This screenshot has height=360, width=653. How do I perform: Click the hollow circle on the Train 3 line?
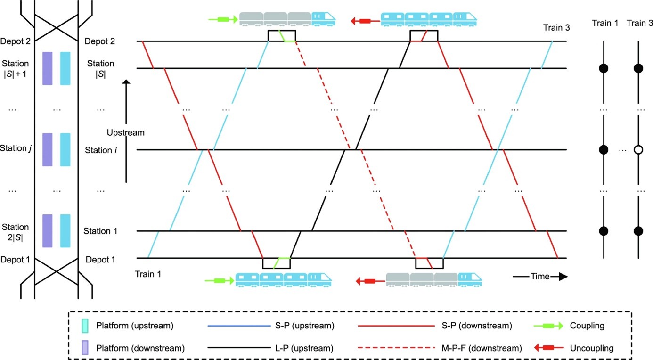click(x=638, y=150)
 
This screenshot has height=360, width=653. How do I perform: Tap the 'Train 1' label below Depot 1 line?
click(x=147, y=274)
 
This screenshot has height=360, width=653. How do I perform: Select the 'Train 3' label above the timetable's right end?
click(x=556, y=28)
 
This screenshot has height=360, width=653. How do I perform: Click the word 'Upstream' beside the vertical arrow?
click(x=125, y=133)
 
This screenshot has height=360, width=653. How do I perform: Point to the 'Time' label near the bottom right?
click(x=540, y=277)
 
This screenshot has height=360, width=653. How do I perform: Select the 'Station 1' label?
click(x=100, y=231)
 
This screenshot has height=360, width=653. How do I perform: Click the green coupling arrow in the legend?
click(x=550, y=326)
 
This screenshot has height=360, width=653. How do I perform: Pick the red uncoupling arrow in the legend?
click(x=550, y=348)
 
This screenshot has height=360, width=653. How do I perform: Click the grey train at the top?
click(x=275, y=19)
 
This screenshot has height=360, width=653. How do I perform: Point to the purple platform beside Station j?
click(x=47, y=149)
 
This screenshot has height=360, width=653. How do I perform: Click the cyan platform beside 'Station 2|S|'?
click(x=65, y=231)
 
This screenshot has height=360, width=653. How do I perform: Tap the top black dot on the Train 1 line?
click(x=604, y=68)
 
